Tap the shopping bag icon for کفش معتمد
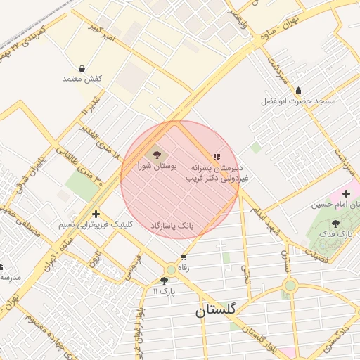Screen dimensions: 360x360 click(83, 69)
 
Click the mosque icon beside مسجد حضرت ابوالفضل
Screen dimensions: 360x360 click(299, 90)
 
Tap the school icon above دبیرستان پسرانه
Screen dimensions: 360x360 click(216, 157)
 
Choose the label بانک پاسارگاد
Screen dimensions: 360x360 click(172, 225)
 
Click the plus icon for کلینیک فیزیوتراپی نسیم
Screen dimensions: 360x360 click(96, 214)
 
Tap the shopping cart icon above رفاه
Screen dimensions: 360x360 click(184, 257)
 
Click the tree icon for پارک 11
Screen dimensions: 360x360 click(164, 280)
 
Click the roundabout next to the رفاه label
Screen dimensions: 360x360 click(171, 270)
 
